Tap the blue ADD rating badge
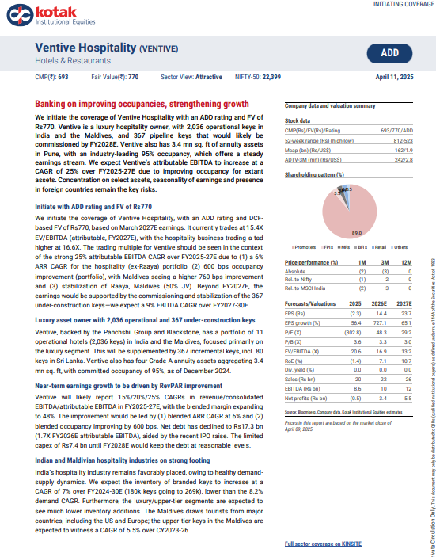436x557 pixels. [389, 52]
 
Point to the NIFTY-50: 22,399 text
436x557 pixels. [260, 77]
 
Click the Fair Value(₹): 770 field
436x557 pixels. [115, 77]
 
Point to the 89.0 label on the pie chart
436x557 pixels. [356, 233]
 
